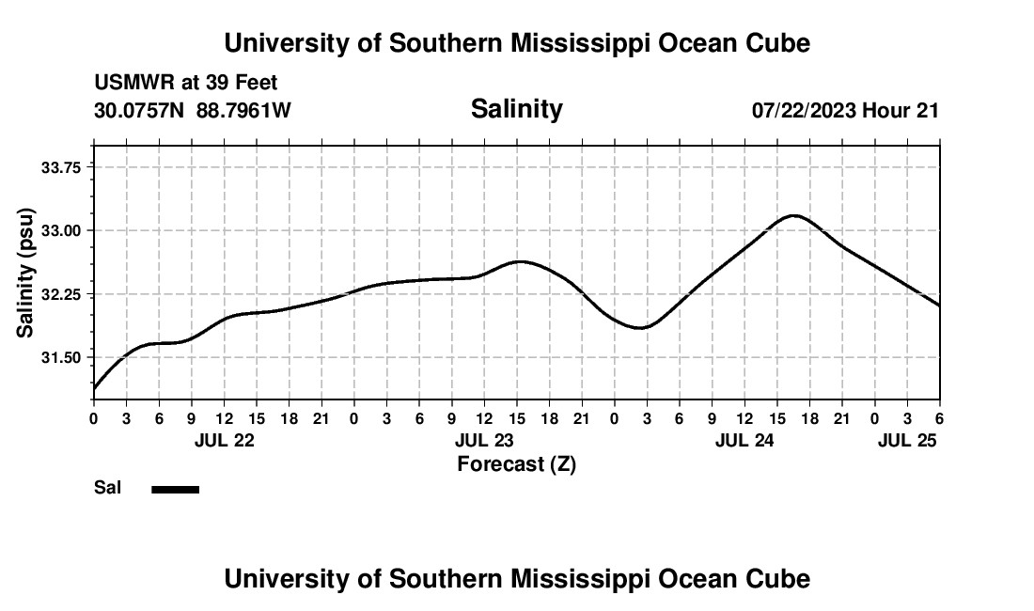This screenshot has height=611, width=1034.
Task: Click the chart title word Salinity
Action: [516, 109]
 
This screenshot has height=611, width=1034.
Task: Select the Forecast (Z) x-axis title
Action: [516, 464]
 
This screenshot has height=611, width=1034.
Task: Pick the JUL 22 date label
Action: [225, 440]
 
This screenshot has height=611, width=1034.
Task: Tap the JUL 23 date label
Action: [485, 440]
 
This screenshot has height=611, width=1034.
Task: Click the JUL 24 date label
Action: [744, 440]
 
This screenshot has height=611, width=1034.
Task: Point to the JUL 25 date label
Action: [907, 440]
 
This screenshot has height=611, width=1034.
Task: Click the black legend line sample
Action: [176, 489]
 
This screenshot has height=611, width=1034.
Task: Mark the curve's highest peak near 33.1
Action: [795, 216]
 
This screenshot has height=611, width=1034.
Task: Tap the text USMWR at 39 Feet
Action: [185, 83]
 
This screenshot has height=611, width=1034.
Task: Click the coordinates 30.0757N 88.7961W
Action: [193, 111]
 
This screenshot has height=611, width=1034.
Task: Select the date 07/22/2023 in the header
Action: [804, 111]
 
